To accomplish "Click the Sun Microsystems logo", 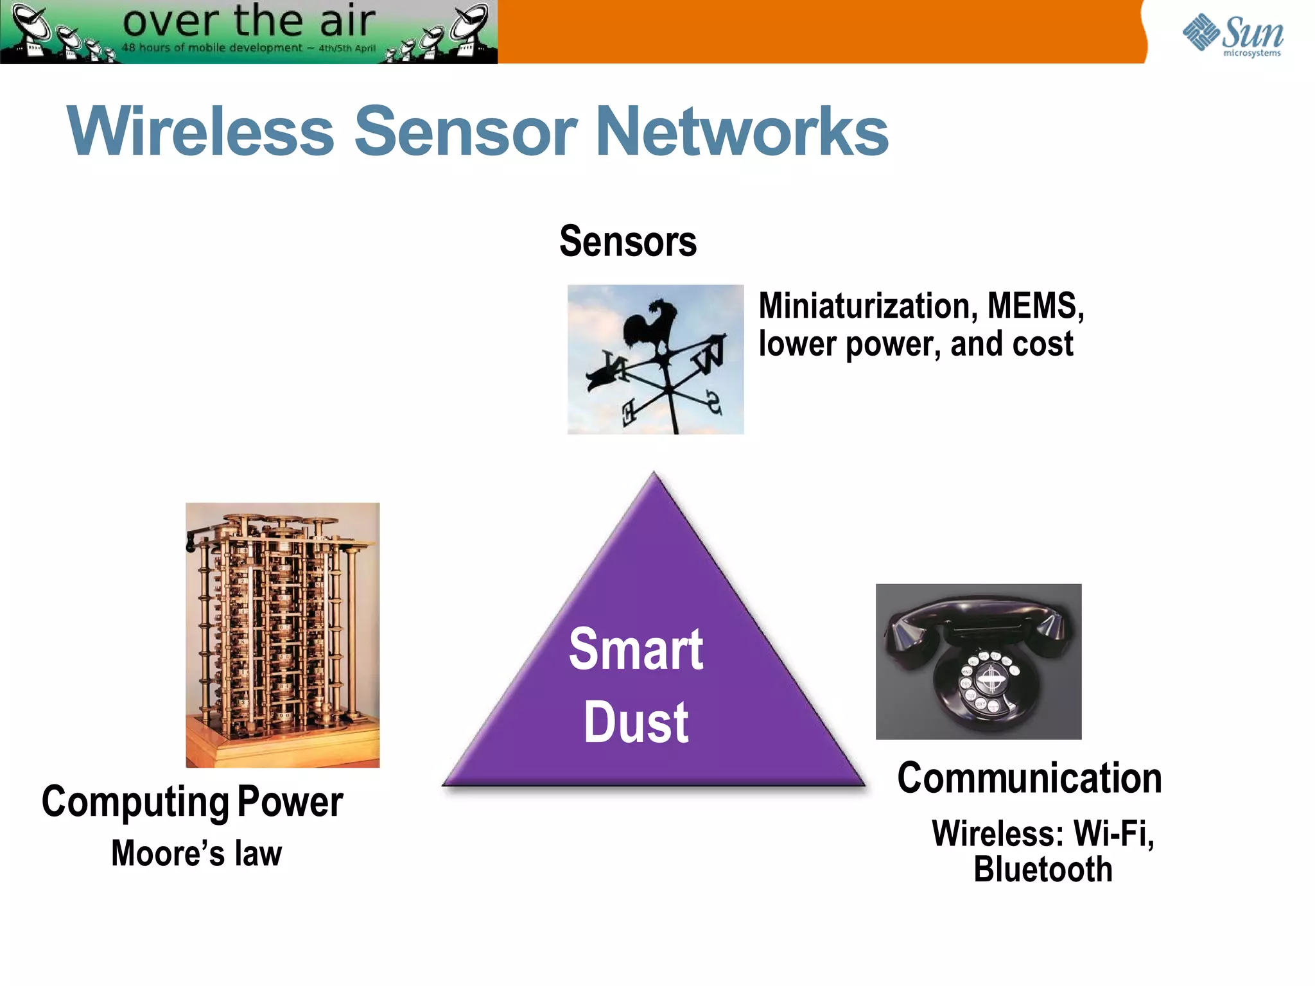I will (1233, 35).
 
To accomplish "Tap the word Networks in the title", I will (742, 132).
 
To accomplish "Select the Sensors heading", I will (627, 241).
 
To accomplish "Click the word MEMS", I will (1034, 306).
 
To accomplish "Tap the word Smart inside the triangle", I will (636, 650).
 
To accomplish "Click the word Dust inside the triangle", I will (636, 723).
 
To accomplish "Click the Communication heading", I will (1029, 778).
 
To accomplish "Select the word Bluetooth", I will (1043, 870).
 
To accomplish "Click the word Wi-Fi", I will (1113, 833).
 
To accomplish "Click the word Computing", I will (135, 802).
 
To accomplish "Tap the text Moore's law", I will (196, 854).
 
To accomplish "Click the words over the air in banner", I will (248, 21).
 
